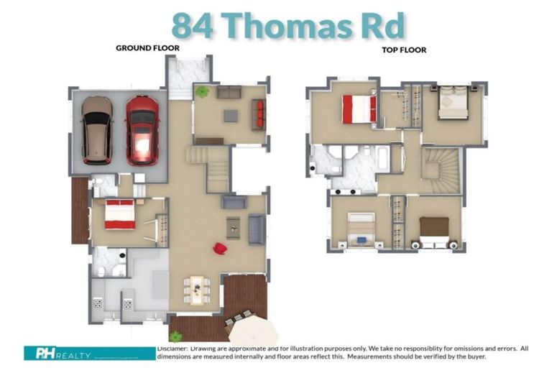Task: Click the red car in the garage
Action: click(142, 129)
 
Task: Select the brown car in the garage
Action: click(96, 130)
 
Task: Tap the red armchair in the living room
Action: click(220, 249)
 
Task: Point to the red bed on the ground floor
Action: click(119, 214)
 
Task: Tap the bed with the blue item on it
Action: click(361, 229)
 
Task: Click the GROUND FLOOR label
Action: click(147, 48)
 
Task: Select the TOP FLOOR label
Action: click(405, 50)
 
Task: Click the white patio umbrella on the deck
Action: click(253, 333)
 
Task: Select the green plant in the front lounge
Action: click(203, 92)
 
